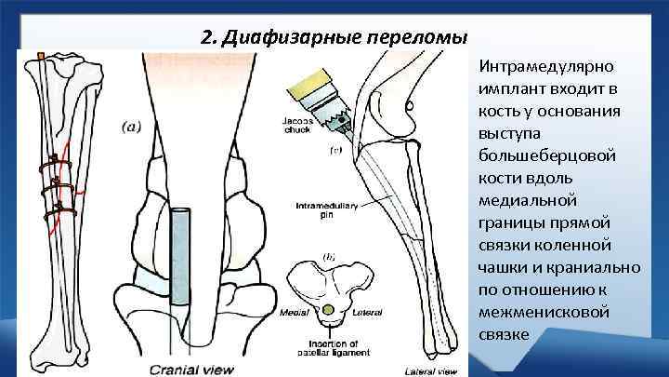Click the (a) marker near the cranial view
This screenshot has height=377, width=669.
click(130, 128)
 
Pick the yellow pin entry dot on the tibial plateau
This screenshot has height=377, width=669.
click(326, 308)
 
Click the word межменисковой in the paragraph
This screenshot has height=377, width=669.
click(544, 312)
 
